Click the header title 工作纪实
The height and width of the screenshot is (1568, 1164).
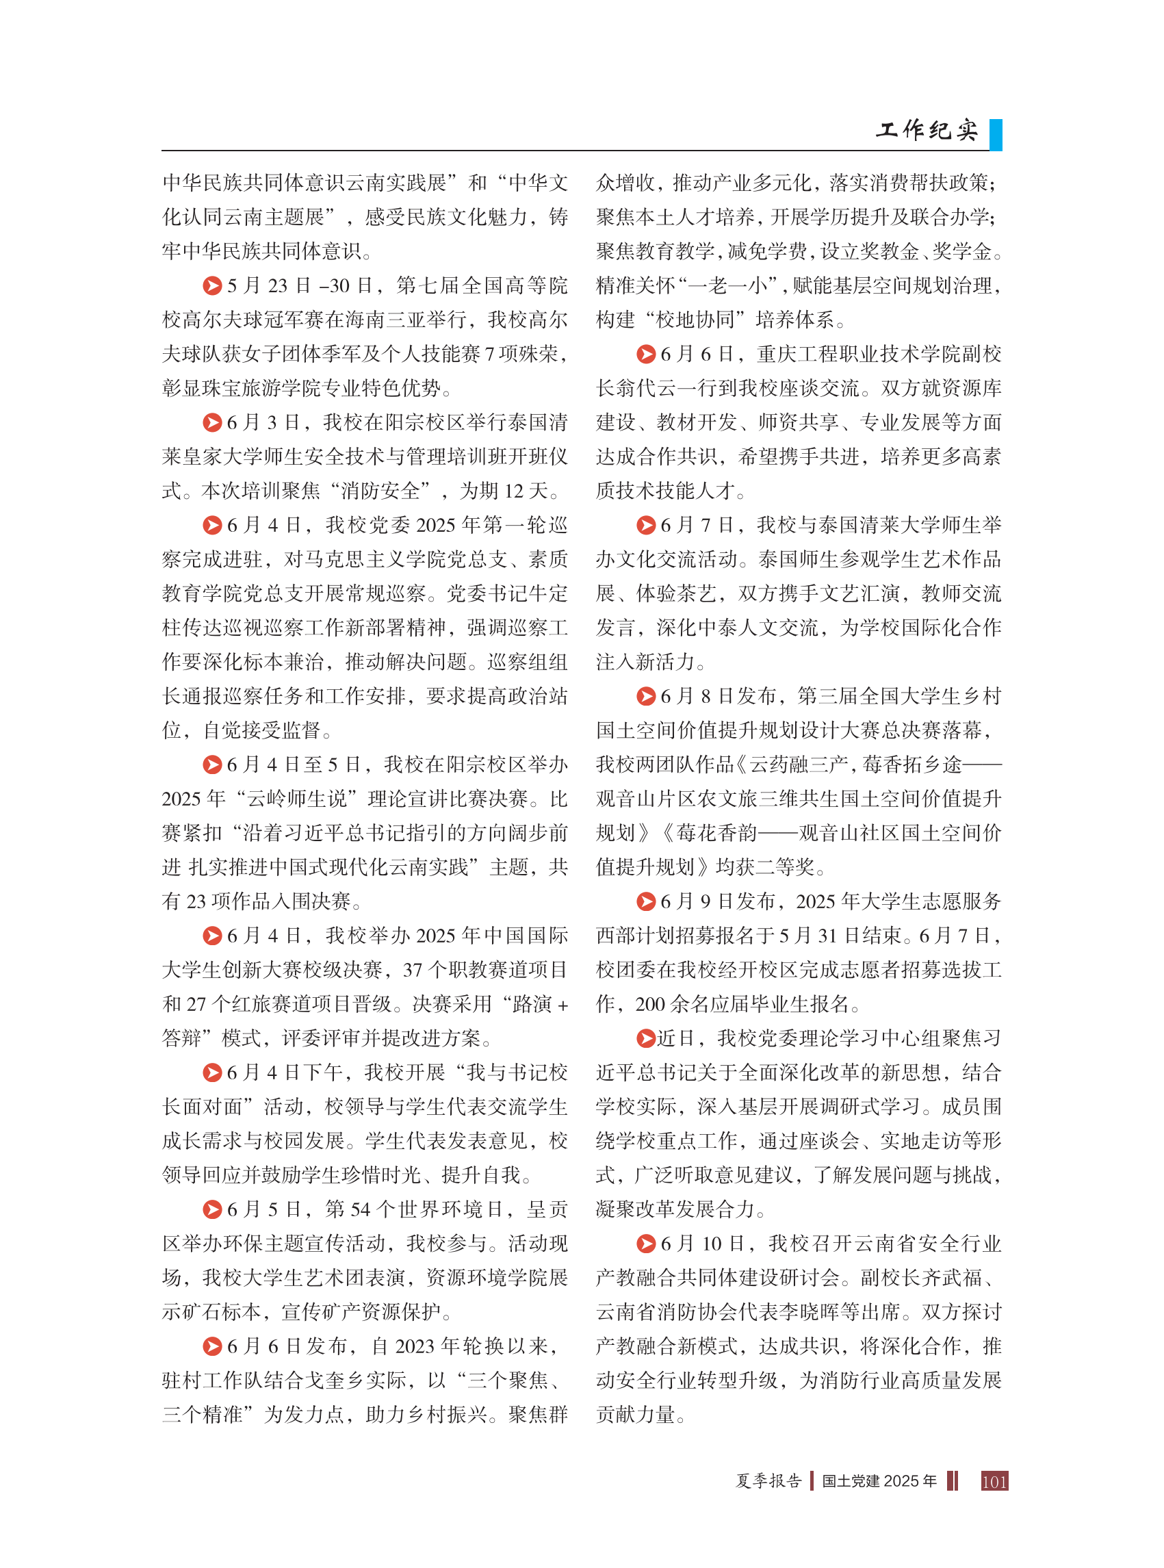coord(927,129)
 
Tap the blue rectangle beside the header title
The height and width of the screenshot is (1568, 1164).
coord(995,134)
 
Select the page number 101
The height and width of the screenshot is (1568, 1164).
coord(994,1480)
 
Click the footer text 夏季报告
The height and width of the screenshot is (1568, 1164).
coord(768,1480)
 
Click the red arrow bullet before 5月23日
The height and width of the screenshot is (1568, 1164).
coord(212,285)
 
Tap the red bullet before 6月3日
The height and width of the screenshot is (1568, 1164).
coord(212,422)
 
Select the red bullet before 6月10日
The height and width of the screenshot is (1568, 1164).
coord(646,1243)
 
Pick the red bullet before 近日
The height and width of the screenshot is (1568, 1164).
coord(646,1038)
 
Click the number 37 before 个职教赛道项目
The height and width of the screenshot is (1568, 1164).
coord(413,970)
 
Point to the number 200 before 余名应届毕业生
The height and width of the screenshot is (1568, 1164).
coord(650,1003)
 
